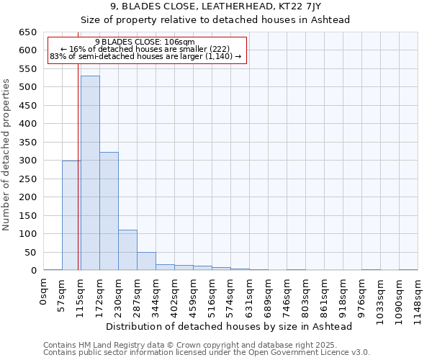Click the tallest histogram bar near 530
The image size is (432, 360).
[90, 173]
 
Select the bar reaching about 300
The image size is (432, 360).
[71, 215]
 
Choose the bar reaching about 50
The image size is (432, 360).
[146, 261]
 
